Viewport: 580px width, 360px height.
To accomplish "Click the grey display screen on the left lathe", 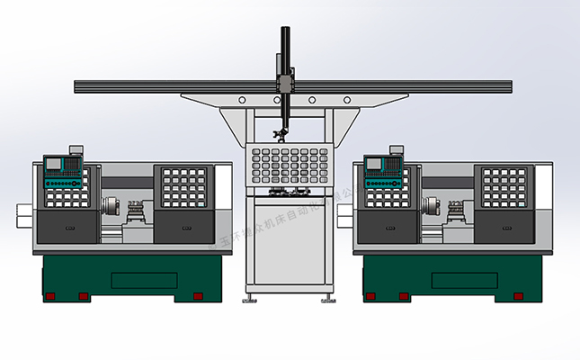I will [x=52, y=164].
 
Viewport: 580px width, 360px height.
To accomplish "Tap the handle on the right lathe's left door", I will [x=388, y=226].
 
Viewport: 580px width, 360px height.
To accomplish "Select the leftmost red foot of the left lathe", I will [x=50, y=296].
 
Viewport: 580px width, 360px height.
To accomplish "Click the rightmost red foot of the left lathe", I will [x=199, y=295].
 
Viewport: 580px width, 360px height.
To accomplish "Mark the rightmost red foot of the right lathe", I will [x=519, y=295].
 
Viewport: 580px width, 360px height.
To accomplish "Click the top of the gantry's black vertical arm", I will [x=285, y=32].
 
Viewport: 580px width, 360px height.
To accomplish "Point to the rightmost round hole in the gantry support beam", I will [x=346, y=99].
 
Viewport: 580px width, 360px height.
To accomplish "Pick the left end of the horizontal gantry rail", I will [x=78, y=87].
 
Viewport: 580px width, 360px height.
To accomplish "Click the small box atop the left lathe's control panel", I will [x=75, y=148].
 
